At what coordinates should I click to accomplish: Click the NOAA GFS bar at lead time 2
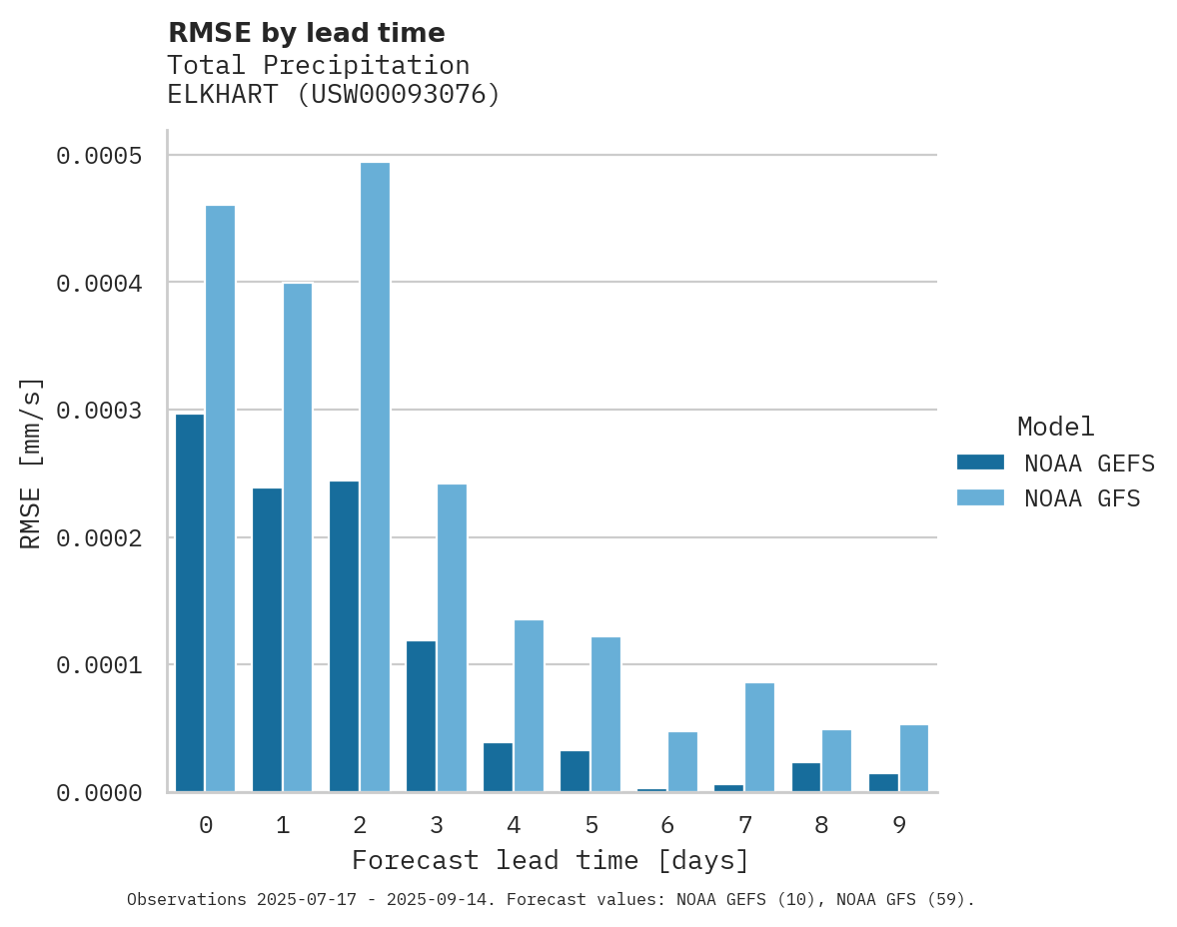375,477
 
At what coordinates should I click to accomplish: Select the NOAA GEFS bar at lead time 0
190,603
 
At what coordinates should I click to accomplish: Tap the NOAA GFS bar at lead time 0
221,498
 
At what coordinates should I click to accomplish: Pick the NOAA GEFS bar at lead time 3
421,716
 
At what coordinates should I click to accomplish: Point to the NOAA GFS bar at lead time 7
759,737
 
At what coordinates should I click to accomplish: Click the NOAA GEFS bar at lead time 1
267,640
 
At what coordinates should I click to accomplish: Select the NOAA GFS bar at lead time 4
529,706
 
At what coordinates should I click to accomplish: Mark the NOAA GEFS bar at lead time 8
805,777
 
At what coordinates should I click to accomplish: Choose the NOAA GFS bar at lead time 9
913,758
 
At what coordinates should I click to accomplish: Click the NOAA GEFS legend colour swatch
980,463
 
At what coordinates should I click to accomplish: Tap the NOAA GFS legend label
1082,498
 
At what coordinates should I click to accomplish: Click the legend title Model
1055,427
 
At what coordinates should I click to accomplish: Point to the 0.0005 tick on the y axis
99,156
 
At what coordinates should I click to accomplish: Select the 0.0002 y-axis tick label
99,538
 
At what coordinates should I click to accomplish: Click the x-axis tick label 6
667,825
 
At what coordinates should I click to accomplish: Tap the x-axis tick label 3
437,825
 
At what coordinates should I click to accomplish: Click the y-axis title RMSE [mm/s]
31,463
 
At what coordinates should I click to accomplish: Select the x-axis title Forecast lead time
550,860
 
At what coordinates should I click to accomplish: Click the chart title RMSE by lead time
306,33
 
